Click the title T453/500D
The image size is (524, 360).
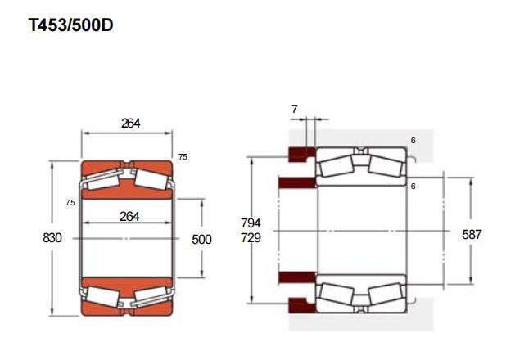tap(70, 25)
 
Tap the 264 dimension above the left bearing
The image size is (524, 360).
tap(131, 124)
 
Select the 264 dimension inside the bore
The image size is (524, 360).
tap(129, 216)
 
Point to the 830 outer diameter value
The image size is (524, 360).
tap(52, 238)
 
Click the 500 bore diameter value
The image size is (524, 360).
tap(201, 239)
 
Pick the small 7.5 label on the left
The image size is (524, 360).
tap(70, 202)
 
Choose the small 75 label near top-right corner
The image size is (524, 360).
tap(183, 156)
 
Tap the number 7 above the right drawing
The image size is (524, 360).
tap(295, 109)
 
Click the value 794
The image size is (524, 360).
tap(251, 223)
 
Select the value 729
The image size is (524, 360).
tap(251, 238)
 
